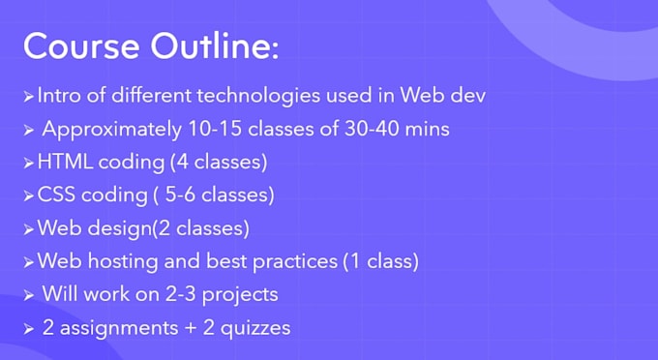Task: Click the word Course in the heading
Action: click(x=81, y=45)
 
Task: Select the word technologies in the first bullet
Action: click(x=258, y=96)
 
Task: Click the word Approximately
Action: click(x=112, y=130)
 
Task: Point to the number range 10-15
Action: click(x=215, y=129)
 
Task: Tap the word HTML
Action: click(x=65, y=162)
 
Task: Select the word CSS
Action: click(x=56, y=195)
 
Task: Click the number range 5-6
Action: click(x=180, y=195)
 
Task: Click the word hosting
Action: click(x=123, y=261)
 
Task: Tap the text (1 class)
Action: click(x=381, y=261)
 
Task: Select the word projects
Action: click(x=240, y=295)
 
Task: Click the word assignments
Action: click(x=119, y=328)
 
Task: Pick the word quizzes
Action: click(x=255, y=328)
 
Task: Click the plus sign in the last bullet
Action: click(x=190, y=328)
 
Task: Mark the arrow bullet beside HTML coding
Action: click(x=28, y=163)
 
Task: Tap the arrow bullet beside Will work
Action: click(x=28, y=295)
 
